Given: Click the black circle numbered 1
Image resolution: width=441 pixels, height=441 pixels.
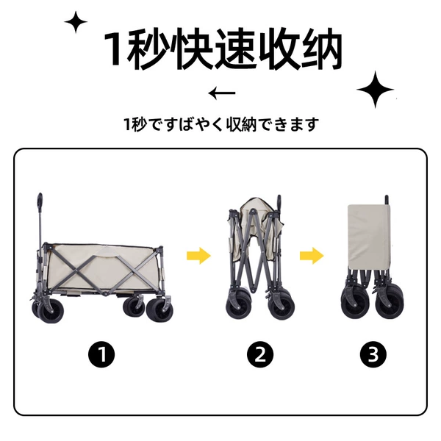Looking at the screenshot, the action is (101, 354).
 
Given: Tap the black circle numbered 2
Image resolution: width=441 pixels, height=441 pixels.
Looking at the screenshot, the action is (260, 354).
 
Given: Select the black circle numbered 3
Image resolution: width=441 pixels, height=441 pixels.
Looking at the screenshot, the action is (373, 354).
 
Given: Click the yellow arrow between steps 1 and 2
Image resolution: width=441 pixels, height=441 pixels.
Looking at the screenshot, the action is (198, 256).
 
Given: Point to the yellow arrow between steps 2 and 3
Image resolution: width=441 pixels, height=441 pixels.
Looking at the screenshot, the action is (312, 256).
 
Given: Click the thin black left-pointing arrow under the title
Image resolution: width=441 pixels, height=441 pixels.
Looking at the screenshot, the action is (222, 93).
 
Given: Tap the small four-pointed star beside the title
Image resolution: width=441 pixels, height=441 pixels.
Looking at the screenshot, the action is (76, 22).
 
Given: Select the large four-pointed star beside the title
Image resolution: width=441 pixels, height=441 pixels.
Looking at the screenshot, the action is (375, 90).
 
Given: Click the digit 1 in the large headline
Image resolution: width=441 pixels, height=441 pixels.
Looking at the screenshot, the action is (114, 49).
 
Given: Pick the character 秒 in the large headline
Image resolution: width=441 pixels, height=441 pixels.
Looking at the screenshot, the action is (148, 49).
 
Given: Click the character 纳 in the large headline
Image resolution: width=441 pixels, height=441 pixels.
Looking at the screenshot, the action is (321, 49).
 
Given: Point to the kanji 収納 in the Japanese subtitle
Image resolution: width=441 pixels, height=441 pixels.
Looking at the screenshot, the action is (242, 124).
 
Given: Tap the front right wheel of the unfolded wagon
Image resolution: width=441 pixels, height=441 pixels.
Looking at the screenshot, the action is (159, 309).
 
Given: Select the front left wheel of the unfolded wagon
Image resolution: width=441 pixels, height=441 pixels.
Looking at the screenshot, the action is (51, 310).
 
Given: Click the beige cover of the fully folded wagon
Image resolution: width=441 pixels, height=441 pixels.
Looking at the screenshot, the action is (369, 237).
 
